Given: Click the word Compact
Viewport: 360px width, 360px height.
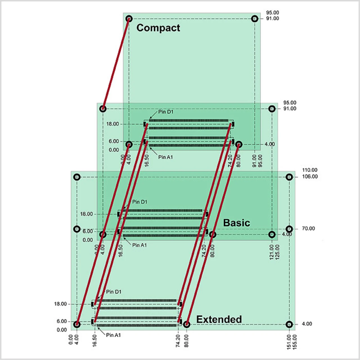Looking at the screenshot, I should click(158, 28).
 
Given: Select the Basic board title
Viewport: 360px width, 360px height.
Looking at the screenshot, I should click(237, 223).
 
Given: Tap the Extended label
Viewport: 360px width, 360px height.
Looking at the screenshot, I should click(219, 319).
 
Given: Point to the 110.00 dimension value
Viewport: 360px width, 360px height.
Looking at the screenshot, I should click(310, 170).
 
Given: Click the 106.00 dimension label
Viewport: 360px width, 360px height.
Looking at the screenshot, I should click(310, 177).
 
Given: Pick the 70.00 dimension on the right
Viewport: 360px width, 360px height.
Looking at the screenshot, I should click(308, 229).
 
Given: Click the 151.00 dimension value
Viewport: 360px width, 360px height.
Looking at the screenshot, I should click(289, 342).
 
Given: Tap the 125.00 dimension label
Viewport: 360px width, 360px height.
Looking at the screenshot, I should click(277, 252).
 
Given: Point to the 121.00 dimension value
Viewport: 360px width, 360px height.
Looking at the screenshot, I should click(272, 252).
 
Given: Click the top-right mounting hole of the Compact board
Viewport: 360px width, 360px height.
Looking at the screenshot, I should click(255, 19).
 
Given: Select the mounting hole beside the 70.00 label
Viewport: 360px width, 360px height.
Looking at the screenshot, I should click(289, 229).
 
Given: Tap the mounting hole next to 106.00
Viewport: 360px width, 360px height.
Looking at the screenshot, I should click(289, 177).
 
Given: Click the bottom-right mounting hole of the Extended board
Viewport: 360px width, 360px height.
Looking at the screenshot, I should click(289, 324).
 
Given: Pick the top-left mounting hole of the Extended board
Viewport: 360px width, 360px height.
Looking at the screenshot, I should click(77, 177).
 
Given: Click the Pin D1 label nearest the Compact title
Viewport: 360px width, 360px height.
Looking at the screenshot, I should click(166, 112).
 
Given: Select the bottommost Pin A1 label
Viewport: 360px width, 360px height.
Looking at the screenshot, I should click(113, 335).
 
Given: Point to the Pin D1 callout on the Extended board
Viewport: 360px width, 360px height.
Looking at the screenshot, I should click(114, 292).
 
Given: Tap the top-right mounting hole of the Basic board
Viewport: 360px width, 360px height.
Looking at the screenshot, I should click(272, 109).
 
